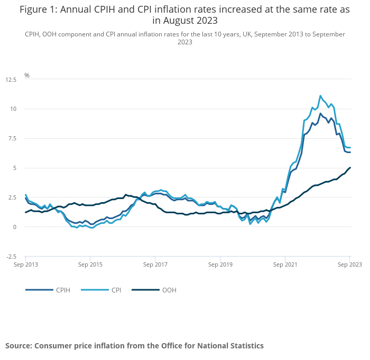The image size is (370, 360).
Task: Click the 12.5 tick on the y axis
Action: point(11,79)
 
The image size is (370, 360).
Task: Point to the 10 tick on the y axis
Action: point(13,109)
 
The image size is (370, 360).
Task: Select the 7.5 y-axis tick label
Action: point(12,138)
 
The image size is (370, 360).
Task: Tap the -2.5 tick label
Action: point(11,257)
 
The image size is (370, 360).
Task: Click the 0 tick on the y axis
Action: point(15,227)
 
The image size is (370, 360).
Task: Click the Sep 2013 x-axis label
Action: point(25,264)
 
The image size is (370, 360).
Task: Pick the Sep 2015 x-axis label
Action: point(90,264)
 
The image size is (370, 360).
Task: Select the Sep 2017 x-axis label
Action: point(155,264)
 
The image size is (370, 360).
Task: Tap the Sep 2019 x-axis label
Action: point(220,264)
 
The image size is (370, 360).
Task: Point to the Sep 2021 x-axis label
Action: point(285,264)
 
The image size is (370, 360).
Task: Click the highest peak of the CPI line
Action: point(320,96)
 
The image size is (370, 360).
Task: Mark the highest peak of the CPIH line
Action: point(320,113)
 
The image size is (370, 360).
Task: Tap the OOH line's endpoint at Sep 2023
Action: point(350,168)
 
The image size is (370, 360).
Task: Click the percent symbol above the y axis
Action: point(27,75)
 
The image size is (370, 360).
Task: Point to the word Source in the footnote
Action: point(18,346)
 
